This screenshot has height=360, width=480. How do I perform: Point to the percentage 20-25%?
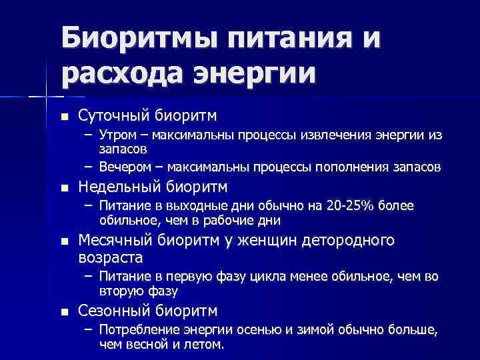pyautogui.click(x=349, y=205)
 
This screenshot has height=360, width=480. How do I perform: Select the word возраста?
pyautogui.click(x=110, y=257)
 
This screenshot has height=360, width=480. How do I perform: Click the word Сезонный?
pyautogui.click(x=114, y=310)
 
